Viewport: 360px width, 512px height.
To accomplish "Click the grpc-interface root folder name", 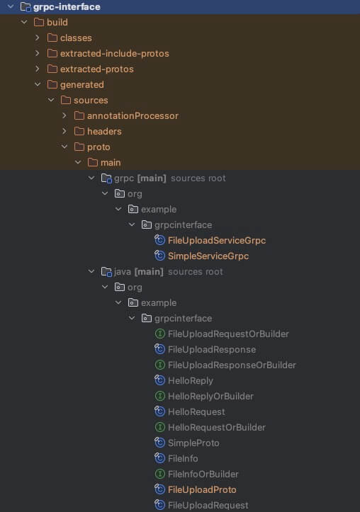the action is [67, 7].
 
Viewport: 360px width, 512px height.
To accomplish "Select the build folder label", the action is [57, 22].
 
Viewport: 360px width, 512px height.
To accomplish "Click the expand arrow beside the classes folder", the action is [38, 38].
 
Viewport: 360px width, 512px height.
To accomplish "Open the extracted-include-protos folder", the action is [114, 53].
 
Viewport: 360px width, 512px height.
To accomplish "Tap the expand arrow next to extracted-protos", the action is [38, 69].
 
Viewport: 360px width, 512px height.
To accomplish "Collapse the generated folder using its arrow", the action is [38, 84].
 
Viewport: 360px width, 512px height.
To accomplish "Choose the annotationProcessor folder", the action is [133, 115].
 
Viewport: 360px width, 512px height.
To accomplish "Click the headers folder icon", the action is [79, 131].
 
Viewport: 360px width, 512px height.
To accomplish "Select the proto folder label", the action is [99, 147].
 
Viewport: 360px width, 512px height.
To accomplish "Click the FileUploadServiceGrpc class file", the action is [217, 240].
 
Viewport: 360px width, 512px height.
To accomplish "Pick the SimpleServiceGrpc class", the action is [208, 256].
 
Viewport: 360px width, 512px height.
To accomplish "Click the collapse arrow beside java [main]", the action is [91, 271].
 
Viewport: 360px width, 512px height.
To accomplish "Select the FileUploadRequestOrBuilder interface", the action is [228, 334].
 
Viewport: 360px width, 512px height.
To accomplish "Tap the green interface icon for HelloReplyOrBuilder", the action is [159, 396].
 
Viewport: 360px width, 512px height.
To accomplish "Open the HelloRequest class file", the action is [196, 411].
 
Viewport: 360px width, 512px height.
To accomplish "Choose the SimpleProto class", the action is [193, 443].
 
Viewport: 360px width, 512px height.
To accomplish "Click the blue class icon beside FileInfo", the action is [159, 458].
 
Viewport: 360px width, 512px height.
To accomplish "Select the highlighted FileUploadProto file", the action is [202, 489].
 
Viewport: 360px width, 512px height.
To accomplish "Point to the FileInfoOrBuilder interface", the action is [203, 474].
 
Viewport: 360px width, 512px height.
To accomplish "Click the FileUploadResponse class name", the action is [212, 349].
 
